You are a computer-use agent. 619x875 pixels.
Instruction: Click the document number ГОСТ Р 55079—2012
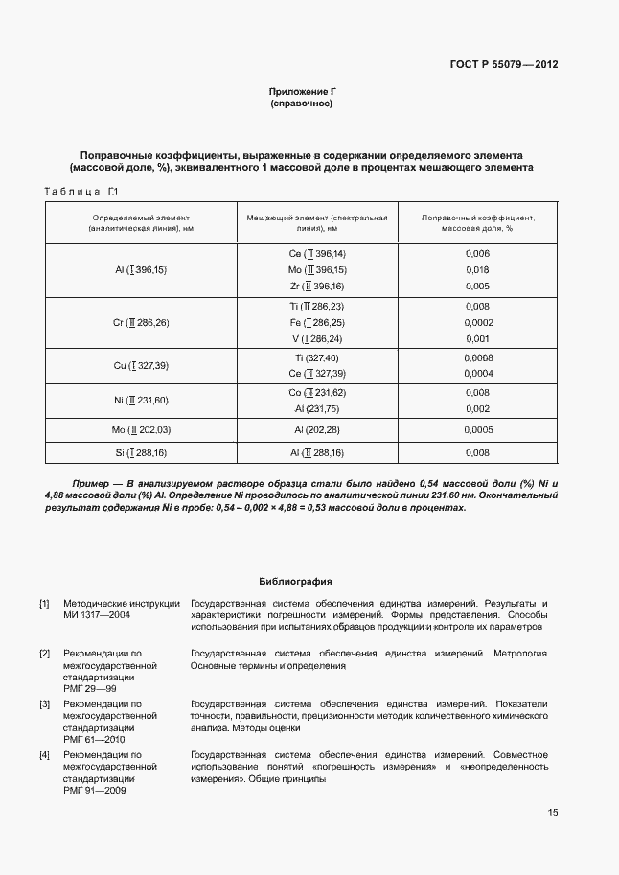click(503, 65)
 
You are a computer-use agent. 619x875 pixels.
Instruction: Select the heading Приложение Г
click(302, 91)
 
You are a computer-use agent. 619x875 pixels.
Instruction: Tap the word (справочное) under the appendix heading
click(302, 103)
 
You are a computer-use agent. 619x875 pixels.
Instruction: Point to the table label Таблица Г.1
click(80, 193)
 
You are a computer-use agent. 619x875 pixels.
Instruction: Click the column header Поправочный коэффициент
click(477, 223)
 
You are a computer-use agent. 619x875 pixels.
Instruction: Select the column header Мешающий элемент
click(317, 223)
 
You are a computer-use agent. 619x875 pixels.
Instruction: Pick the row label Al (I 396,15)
click(140, 270)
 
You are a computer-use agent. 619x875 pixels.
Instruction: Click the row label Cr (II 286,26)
click(140, 323)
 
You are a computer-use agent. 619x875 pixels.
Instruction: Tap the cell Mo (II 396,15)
click(317, 270)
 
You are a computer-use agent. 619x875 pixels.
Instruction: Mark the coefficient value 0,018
click(477, 270)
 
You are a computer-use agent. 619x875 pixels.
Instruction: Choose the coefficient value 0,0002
click(477, 323)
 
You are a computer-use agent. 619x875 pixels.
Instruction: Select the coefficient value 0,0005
click(477, 430)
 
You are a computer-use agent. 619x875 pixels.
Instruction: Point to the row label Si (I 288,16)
click(140, 453)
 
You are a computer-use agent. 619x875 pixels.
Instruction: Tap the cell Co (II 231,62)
click(317, 393)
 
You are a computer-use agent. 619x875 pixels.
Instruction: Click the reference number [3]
click(44, 704)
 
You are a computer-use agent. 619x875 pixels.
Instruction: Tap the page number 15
click(553, 813)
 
